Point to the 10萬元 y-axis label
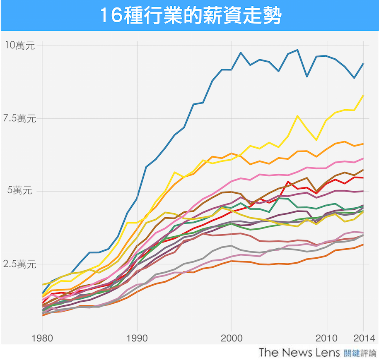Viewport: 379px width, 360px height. pyautogui.click(x=20, y=45)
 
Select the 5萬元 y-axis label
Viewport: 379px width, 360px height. pyautogui.click(x=20, y=191)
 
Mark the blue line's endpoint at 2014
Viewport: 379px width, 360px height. pyautogui.click(x=363, y=63)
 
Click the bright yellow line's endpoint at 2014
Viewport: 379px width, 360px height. pyautogui.click(x=363, y=95)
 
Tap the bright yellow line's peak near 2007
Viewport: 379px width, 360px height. pyautogui.click(x=297, y=116)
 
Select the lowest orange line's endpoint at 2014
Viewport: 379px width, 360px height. pyautogui.click(x=363, y=245)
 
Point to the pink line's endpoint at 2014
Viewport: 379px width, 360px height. pyautogui.click(x=363, y=158)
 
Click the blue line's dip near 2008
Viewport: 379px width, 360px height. pyautogui.click(x=307, y=77)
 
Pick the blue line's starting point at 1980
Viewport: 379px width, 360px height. pyautogui.click(x=43, y=293)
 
